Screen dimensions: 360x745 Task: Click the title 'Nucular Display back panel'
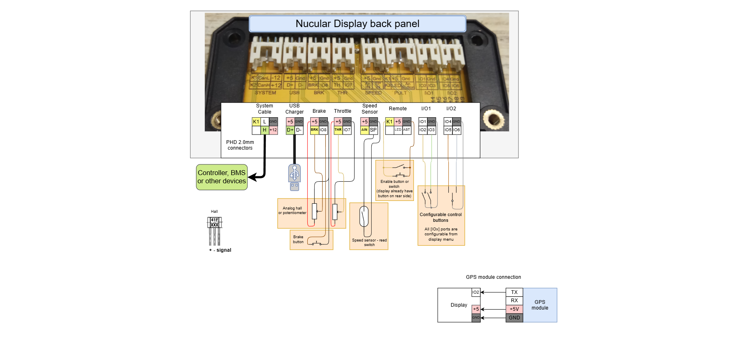[357, 24]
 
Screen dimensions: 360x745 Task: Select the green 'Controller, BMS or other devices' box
[222, 177]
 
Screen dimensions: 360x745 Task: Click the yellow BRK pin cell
[314, 130]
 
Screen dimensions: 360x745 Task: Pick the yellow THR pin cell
[338, 130]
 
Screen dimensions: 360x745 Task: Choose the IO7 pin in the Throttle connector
[347, 130]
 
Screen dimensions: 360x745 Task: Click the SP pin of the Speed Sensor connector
[373, 130]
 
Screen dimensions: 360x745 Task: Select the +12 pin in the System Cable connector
[273, 130]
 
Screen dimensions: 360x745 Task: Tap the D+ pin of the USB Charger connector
[290, 130]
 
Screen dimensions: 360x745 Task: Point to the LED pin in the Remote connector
[398, 130]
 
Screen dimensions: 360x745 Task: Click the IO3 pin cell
[432, 130]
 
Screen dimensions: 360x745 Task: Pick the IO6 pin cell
[457, 130]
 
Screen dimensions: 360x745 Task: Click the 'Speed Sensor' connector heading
[370, 109]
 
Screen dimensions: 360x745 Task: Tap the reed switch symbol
[364, 216]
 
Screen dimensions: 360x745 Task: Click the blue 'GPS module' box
[540, 305]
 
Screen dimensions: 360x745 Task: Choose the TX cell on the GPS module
[514, 292]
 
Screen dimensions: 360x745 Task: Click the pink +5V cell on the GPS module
[514, 309]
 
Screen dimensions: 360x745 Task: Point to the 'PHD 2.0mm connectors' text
[240, 145]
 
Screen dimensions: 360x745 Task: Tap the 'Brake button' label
[298, 239]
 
